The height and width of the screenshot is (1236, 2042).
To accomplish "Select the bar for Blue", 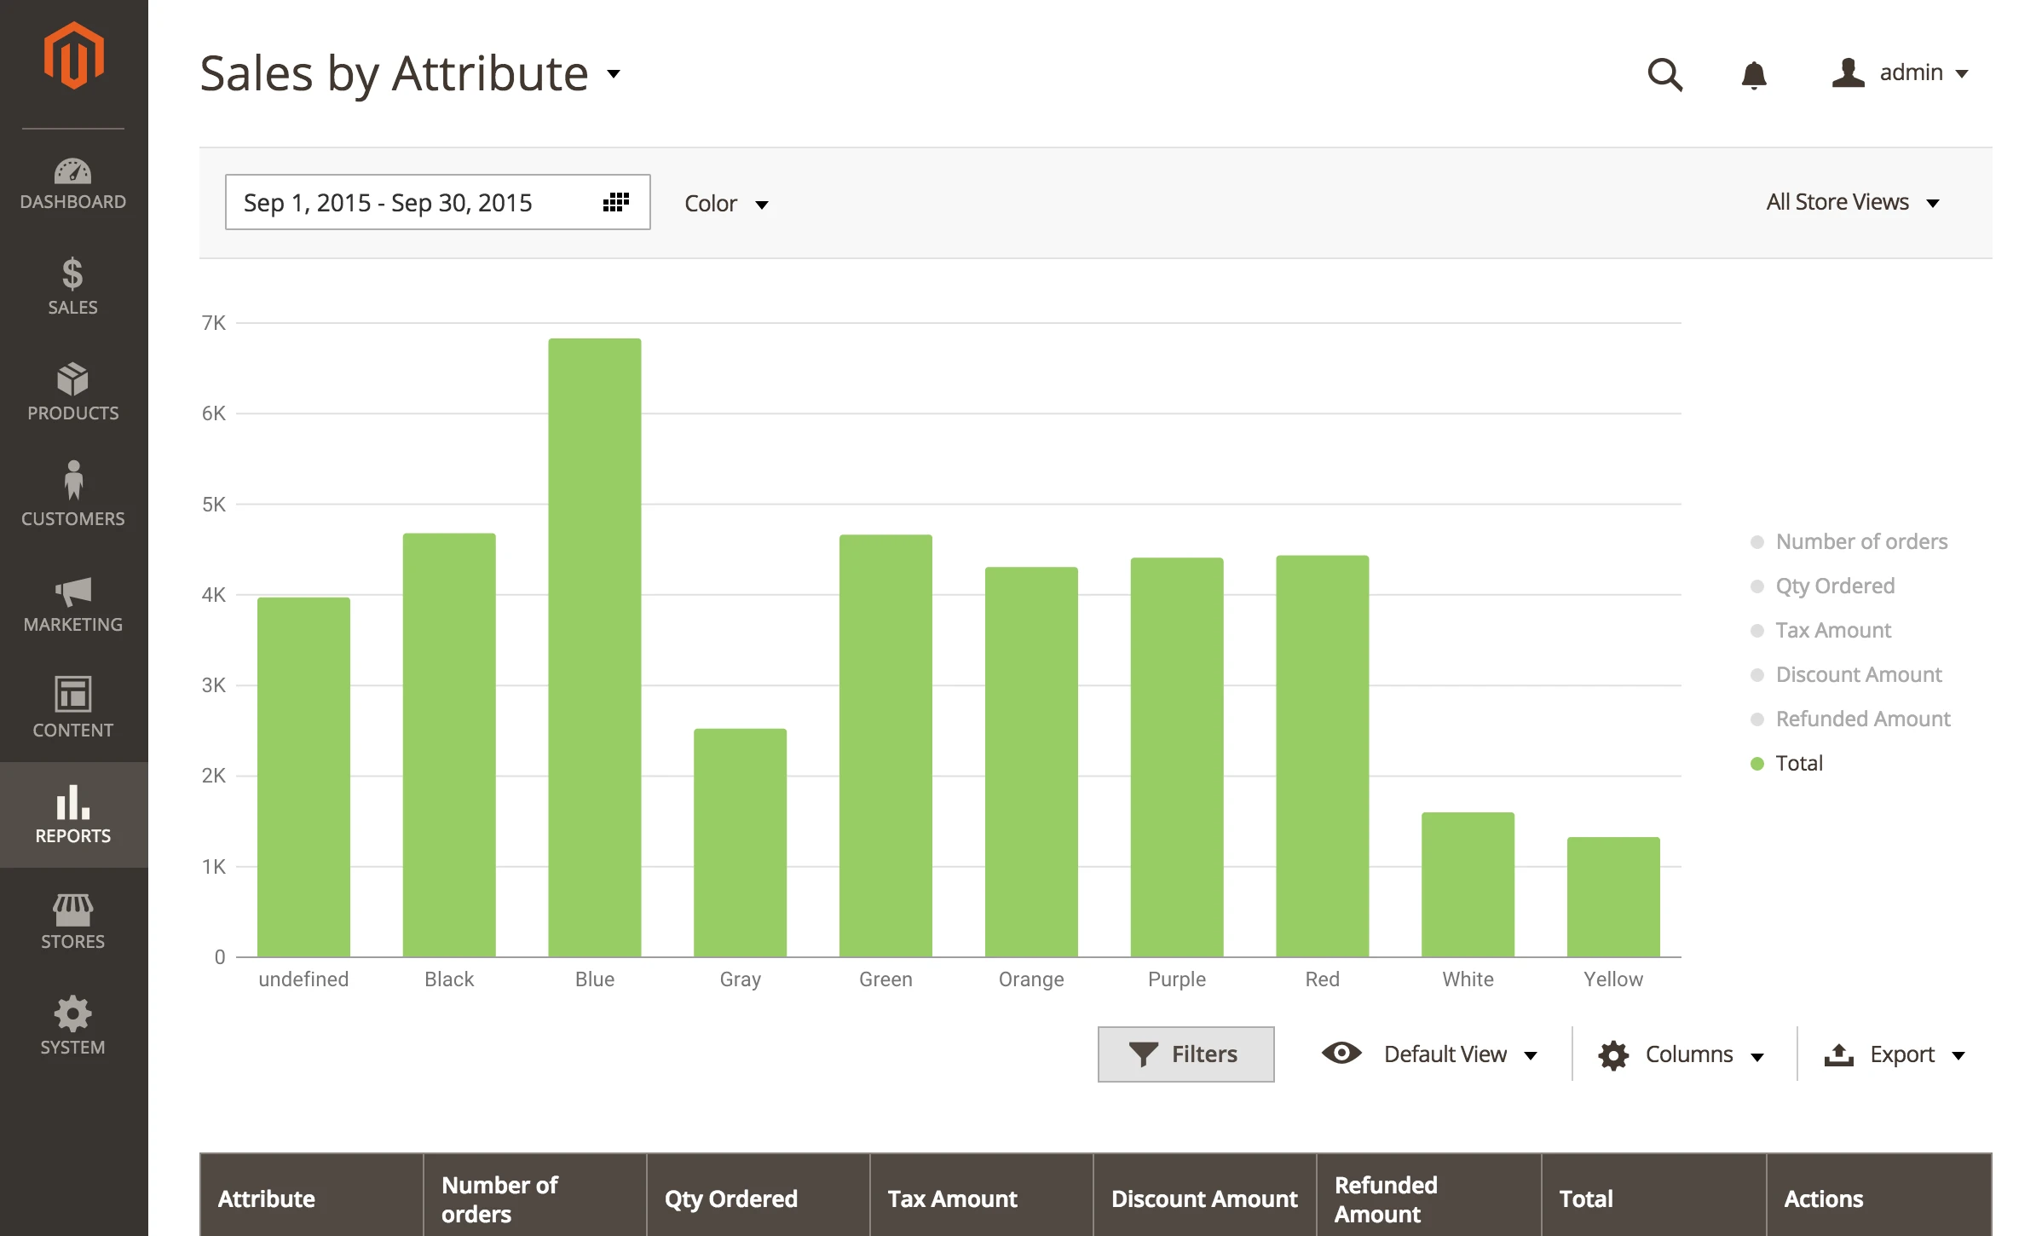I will [x=594, y=648].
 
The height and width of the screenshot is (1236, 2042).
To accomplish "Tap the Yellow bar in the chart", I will [x=1612, y=897].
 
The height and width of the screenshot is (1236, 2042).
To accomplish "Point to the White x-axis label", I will [x=1468, y=979].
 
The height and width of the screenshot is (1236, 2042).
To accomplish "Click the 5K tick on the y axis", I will [x=214, y=505].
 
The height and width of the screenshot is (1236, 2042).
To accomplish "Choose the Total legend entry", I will [x=1798, y=763].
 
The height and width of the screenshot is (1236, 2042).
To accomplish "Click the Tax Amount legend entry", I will [x=1832, y=630].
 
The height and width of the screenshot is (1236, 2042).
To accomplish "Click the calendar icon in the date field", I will [x=615, y=202].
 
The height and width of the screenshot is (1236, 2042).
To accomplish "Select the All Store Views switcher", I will [x=1851, y=202].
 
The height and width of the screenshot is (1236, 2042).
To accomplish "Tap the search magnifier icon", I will [x=1664, y=74].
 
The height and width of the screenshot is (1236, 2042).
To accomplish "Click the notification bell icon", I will [x=1753, y=75].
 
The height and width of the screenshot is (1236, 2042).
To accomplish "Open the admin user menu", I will [x=1900, y=73].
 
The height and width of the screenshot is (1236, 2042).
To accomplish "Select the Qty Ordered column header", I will [x=731, y=1198].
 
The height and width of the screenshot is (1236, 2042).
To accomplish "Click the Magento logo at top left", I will [x=74, y=56].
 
